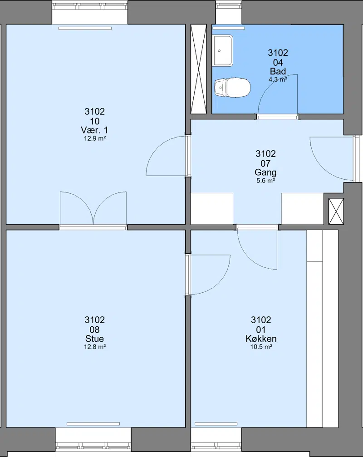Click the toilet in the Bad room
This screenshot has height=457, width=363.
pyautogui.click(x=232, y=88)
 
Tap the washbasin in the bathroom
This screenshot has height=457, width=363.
pyautogui.click(x=223, y=50)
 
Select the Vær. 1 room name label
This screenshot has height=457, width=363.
pyautogui.click(x=94, y=130)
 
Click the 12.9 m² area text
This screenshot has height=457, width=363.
pyautogui.click(x=95, y=138)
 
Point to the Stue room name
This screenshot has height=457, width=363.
pyautogui.click(x=94, y=339)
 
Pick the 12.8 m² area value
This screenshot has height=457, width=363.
pyautogui.click(x=95, y=347)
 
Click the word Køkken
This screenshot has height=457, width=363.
pyautogui.click(x=261, y=339)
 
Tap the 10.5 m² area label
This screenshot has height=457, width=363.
pyautogui.click(x=261, y=347)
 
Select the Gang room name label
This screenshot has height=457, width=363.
pyautogui.click(x=265, y=172)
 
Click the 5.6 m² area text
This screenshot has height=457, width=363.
pyautogui.click(x=266, y=181)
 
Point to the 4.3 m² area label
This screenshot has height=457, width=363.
pyautogui.click(x=278, y=79)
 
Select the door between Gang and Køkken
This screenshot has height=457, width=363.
pyautogui.click(x=257, y=247)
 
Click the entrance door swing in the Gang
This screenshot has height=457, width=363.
pyautogui.click(x=333, y=159)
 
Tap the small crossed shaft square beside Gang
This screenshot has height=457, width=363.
pyautogui.click(x=336, y=211)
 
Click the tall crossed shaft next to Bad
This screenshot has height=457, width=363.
pyautogui.click(x=198, y=69)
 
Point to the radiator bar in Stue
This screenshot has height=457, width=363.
pyautogui.click(x=93, y=424)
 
